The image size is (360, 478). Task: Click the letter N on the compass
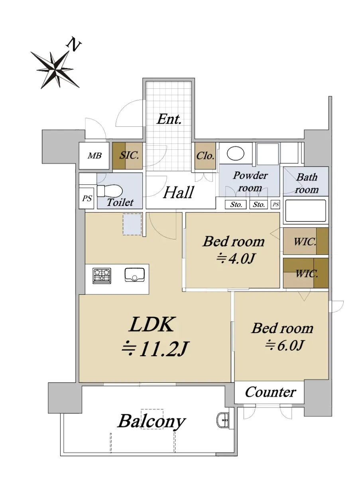pyautogui.click(x=74, y=45)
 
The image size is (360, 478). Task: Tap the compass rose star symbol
pyautogui.click(x=55, y=69)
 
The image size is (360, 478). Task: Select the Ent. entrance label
pyautogui.click(x=169, y=119)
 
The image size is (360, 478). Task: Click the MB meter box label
pyautogui.click(x=94, y=156)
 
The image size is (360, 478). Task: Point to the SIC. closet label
pyautogui.click(x=129, y=155)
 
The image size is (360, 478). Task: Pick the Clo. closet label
pyautogui.click(x=205, y=156)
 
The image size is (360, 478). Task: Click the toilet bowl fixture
pyautogui.click(x=110, y=191)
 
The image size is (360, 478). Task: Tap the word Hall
pyautogui.click(x=179, y=192)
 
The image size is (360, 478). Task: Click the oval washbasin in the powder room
pyautogui.click(x=235, y=153)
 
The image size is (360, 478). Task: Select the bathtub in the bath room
pyautogui.click(x=305, y=211)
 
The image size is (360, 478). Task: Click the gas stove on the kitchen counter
pyautogui.click(x=102, y=276)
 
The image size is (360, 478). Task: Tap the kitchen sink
pyautogui.click(x=134, y=274)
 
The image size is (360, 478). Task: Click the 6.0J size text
pyautogui.click(x=285, y=345)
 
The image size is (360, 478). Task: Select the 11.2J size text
pyautogui.click(x=155, y=349)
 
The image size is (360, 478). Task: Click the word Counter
pyautogui.click(x=270, y=392)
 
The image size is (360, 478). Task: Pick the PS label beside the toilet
pyautogui.click(x=87, y=199)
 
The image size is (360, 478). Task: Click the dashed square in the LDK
pyautogui.click(x=132, y=224)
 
